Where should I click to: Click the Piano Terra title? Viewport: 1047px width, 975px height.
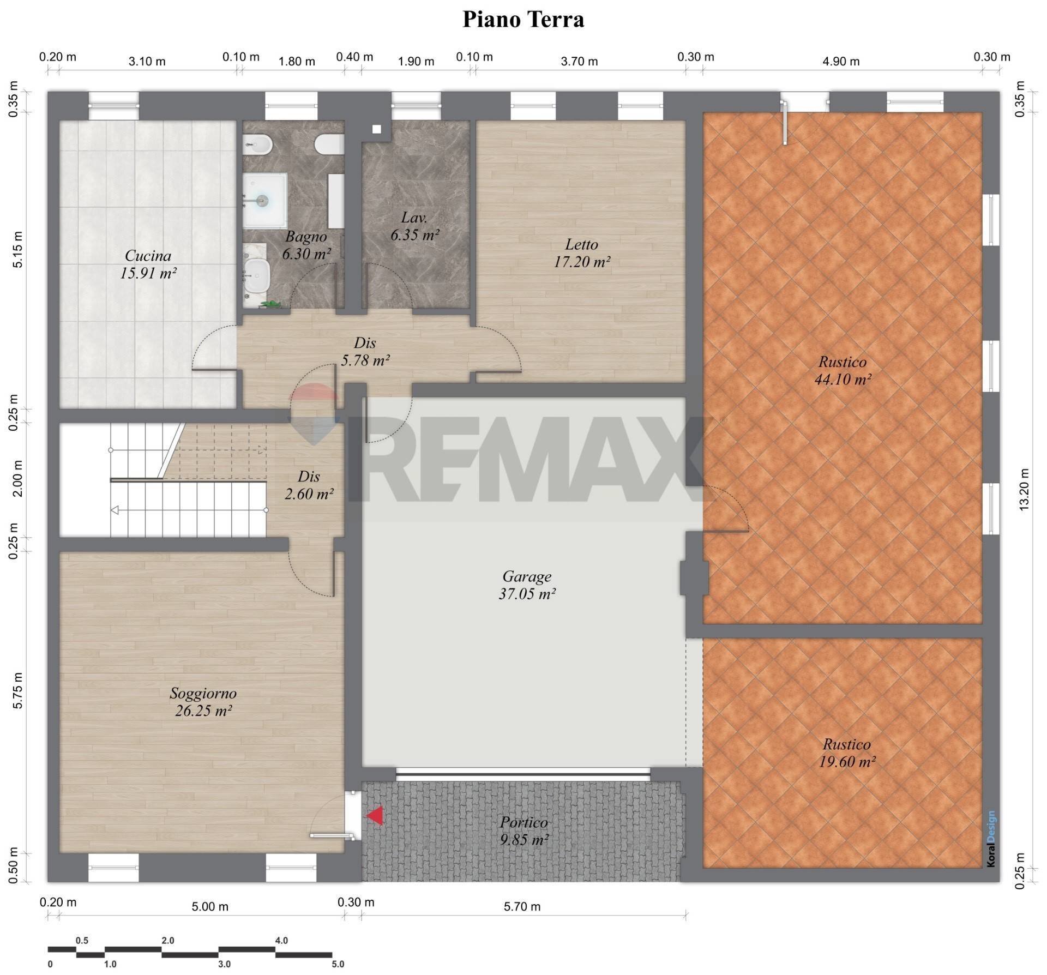tap(523, 20)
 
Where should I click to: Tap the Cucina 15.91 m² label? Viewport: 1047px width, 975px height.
tap(148, 264)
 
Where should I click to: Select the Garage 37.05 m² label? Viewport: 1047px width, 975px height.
tap(527, 585)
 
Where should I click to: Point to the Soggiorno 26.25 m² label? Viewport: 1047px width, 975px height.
tap(203, 702)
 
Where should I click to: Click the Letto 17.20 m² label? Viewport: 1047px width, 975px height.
tap(581, 253)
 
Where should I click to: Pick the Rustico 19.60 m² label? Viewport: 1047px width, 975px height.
tap(846, 753)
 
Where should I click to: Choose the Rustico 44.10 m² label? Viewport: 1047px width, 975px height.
tap(842, 370)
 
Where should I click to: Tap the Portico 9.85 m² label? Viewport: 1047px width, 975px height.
tap(523, 830)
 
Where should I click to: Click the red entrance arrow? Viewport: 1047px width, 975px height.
tap(375, 816)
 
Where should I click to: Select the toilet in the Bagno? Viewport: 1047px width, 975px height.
tap(329, 145)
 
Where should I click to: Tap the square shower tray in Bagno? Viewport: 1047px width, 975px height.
tap(264, 200)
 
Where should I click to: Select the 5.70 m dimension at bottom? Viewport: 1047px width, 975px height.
tap(522, 906)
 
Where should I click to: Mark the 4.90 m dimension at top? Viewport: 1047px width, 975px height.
tap(840, 62)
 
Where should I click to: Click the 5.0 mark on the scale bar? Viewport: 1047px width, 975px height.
tap(338, 964)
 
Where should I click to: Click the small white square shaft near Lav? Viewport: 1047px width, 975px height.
tap(376, 129)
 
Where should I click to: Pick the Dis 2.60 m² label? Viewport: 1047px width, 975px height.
tap(309, 485)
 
